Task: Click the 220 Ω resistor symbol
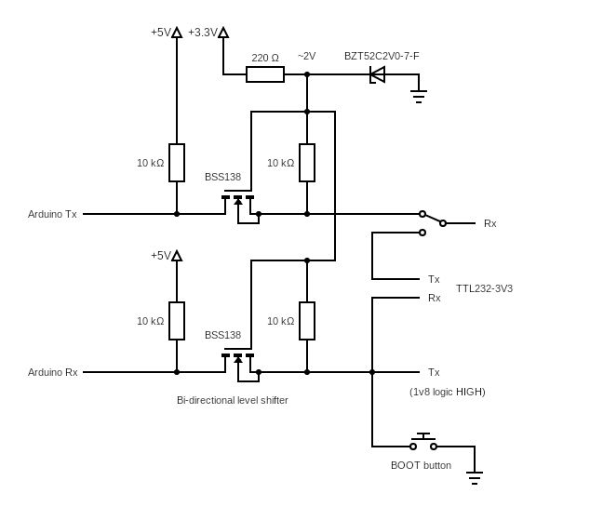click(x=265, y=74)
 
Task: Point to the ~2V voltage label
click(x=306, y=57)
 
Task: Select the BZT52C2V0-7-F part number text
click(x=382, y=57)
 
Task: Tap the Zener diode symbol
click(x=377, y=74)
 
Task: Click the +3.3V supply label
click(x=202, y=33)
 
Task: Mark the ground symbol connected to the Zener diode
click(x=419, y=94)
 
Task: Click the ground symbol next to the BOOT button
click(x=475, y=478)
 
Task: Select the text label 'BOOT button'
click(x=421, y=465)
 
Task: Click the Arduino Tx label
click(x=52, y=214)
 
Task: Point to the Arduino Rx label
click(x=52, y=372)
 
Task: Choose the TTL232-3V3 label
click(x=484, y=288)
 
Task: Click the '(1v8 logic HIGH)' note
click(x=448, y=392)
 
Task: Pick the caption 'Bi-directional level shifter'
click(x=233, y=400)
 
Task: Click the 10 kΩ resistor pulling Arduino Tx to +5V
click(x=177, y=163)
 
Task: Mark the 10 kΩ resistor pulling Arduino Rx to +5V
click(x=177, y=321)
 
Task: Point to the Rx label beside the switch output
click(x=490, y=223)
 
